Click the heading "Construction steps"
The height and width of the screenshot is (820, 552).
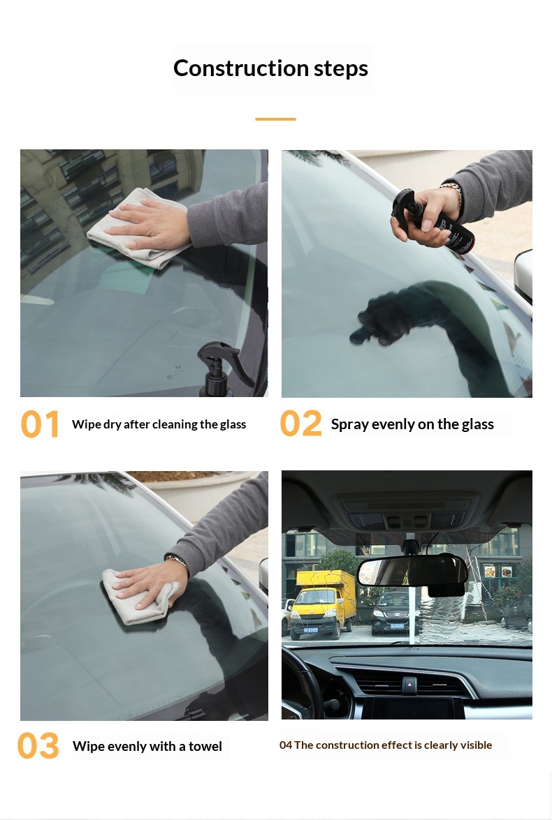tap(271, 68)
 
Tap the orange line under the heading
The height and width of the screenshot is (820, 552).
tap(275, 119)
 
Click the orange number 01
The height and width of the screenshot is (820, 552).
tap(40, 424)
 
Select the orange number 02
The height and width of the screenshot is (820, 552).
tap(300, 424)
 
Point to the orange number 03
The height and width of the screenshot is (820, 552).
tap(38, 746)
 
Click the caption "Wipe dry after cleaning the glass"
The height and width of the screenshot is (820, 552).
tap(159, 424)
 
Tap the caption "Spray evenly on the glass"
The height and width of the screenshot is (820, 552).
tap(412, 424)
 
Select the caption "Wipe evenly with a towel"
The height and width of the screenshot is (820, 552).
tap(147, 746)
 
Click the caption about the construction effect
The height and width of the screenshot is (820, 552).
tap(386, 745)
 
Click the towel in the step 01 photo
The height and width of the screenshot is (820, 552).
tap(137, 230)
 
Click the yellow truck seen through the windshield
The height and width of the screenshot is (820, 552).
tap(321, 604)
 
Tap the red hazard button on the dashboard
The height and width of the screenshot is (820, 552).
tap(409, 683)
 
